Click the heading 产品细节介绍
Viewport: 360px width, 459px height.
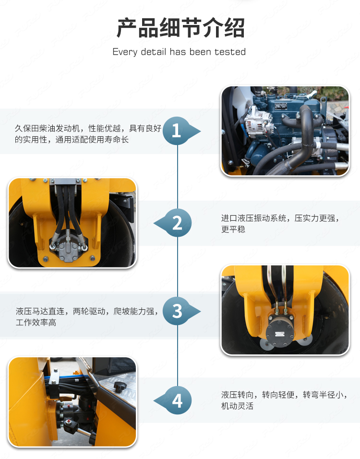180,28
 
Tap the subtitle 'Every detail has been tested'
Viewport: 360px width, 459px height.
179,52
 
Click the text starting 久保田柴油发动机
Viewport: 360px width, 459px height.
88,134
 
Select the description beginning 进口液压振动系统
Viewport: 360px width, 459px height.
280,223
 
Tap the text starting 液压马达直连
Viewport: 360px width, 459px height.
87,316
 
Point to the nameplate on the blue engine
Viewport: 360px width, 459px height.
282,106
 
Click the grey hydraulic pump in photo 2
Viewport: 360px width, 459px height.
68,248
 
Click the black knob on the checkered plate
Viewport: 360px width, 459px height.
120,387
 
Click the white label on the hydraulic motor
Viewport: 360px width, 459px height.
279,333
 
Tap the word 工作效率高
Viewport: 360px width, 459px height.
36,322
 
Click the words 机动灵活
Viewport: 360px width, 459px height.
238,406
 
